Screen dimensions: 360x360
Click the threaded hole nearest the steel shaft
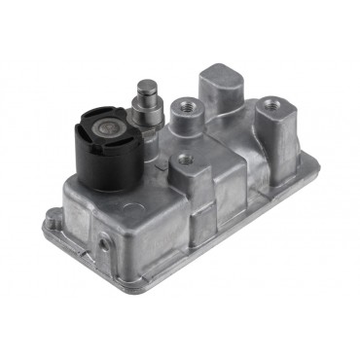pos(181,103)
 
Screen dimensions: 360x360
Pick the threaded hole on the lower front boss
pos(183,158)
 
